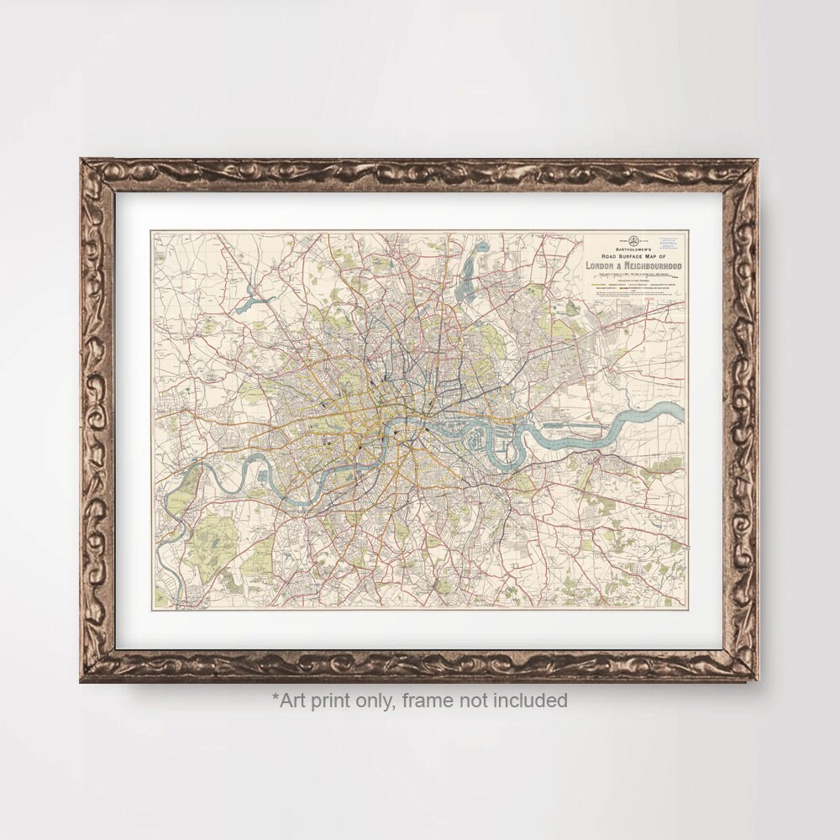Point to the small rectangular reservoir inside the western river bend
tap(263, 477)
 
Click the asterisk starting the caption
tap(275, 698)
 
